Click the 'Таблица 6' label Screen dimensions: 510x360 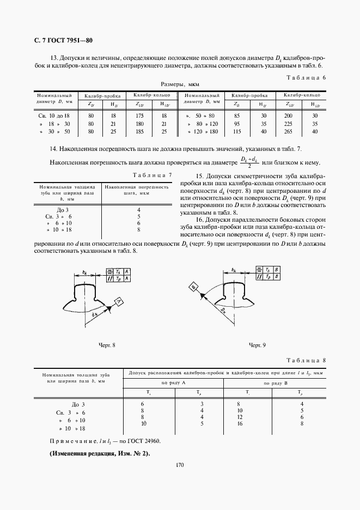click(306, 77)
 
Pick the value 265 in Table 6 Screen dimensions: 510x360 click(288, 132)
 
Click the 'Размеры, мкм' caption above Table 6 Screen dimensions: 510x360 click(180, 85)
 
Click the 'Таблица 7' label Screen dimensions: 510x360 click(154, 174)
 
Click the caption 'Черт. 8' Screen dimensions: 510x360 click(107, 345)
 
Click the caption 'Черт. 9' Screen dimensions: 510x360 click(257, 345)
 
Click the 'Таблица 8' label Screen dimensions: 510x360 click(306, 361)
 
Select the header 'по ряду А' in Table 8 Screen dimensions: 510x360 click(173, 384)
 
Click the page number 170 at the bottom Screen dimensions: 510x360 click(180, 465)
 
